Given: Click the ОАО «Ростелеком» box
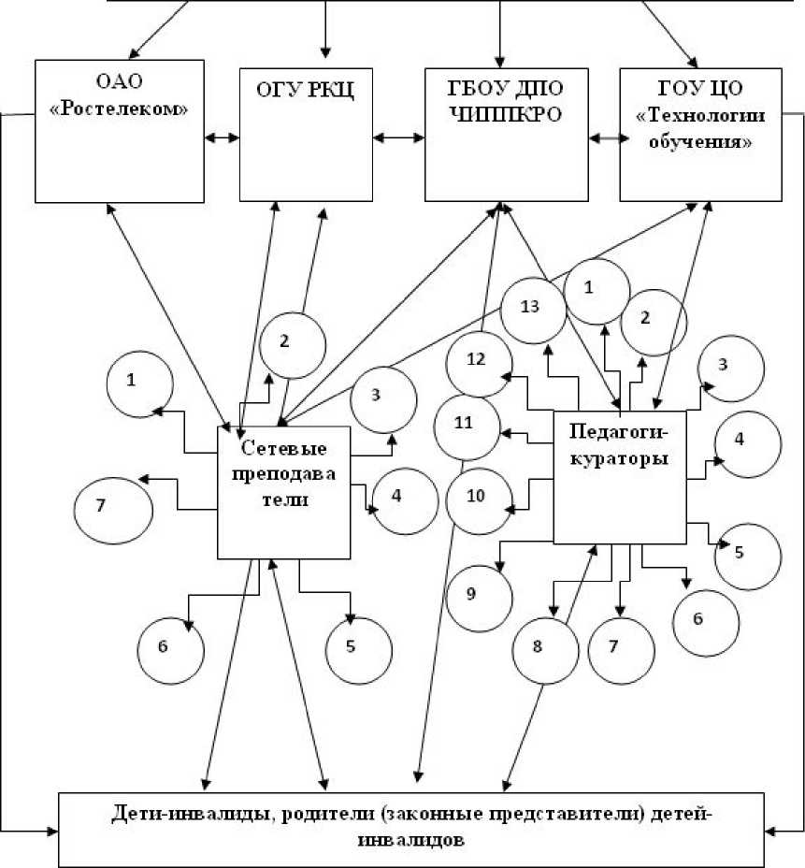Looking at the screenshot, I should tap(120, 130).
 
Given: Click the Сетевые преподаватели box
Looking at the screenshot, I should tap(284, 492).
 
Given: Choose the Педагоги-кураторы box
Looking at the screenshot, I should tap(620, 477).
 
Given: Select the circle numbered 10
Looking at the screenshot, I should tap(478, 497).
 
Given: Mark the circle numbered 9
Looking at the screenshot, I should tap(478, 594).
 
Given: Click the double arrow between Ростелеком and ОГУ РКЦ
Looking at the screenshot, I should tap(223, 137).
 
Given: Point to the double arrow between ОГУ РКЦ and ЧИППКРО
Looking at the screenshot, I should tap(398, 137).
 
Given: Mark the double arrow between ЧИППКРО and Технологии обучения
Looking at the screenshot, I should tap(605, 137).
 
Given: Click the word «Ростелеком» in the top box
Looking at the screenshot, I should tap(119, 108).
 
